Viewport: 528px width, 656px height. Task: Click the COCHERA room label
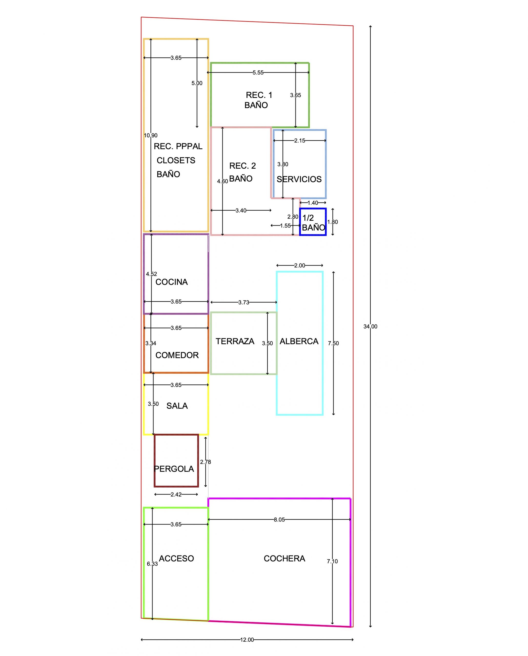[284, 558]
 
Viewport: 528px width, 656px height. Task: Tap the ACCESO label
[176, 558]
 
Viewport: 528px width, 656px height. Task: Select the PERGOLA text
[174, 469]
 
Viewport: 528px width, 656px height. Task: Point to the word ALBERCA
[299, 341]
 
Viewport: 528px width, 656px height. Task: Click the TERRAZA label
[235, 341]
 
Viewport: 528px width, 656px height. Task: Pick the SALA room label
[177, 406]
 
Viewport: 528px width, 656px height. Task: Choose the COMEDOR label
[177, 355]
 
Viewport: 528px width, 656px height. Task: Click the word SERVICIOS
[299, 179]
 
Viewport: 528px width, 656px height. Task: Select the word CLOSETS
[176, 160]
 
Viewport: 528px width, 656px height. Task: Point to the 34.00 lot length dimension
[370, 326]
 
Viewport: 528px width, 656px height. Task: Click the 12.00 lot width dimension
[247, 640]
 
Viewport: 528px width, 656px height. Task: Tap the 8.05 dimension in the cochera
[279, 519]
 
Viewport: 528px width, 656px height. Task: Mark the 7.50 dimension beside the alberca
[333, 343]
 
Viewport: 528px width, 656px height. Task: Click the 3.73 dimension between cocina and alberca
[243, 302]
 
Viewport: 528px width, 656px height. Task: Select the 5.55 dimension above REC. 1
[258, 73]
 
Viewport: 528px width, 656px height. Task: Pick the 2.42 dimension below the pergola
[176, 494]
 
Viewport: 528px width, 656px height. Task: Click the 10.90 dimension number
[151, 135]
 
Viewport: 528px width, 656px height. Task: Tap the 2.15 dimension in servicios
[299, 141]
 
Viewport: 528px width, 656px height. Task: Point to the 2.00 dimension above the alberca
[299, 265]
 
